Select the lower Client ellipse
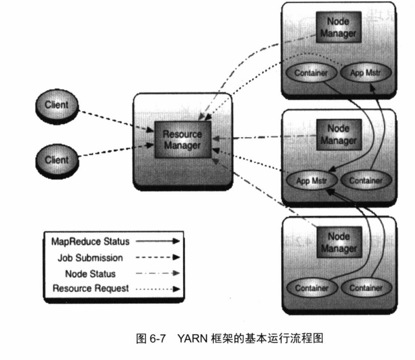point(56,160)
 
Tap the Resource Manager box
point(182,139)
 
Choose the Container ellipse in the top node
point(311,73)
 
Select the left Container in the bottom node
point(312,288)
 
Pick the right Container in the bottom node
point(366,288)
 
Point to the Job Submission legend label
point(90,258)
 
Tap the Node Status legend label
point(90,274)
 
